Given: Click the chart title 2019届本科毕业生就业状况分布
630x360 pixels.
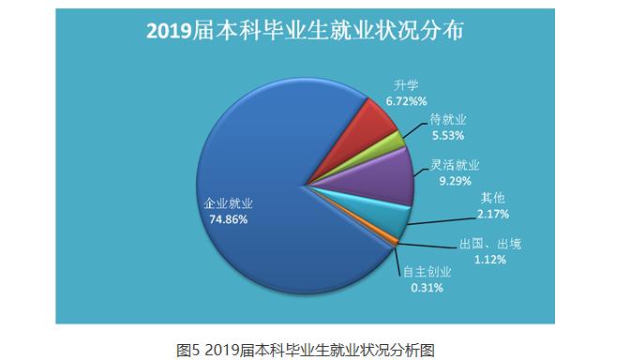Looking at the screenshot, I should tap(306, 30).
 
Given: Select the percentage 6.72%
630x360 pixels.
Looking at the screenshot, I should tap(407, 99).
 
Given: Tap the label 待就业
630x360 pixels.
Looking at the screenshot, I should tap(448, 120).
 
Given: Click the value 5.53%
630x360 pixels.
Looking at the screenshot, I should tap(447, 135).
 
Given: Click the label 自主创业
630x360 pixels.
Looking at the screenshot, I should tap(427, 272).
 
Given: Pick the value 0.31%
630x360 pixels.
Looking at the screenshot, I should tap(425, 287).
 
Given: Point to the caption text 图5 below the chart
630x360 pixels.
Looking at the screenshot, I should tap(187, 348).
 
